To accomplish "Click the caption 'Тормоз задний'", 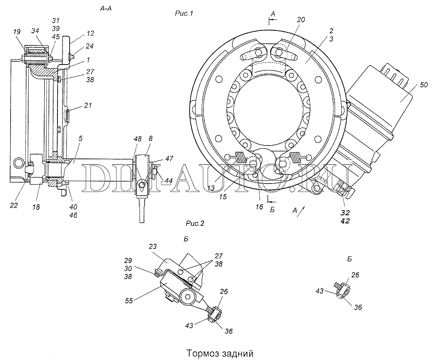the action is (220, 353).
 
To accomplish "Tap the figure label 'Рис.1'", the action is (184, 13).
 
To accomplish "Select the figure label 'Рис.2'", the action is (195, 223).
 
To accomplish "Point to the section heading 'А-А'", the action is (106, 9).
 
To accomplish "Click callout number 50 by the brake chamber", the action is (423, 85).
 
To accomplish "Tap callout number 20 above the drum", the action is (301, 20).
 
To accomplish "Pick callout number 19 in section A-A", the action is (17, 32).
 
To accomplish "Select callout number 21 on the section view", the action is (88, 105).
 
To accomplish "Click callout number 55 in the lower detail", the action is (129, 301).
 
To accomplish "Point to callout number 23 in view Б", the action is (153, 246).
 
